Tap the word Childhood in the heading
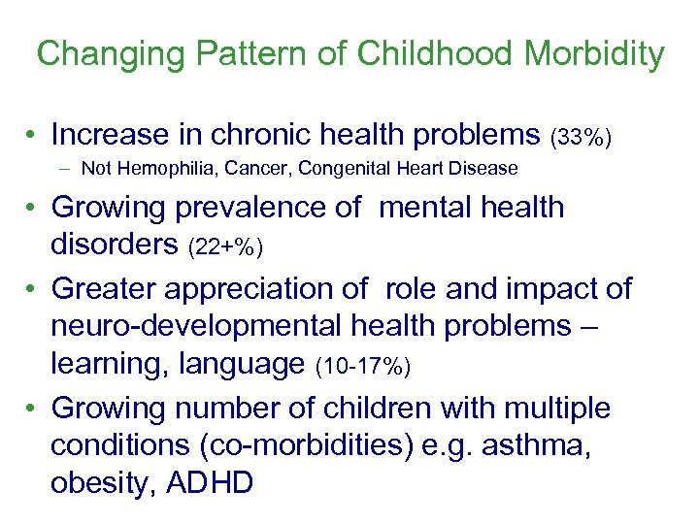[433, 53]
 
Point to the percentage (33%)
[581, 137]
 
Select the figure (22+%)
[223, 247]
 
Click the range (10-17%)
[363, 367]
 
